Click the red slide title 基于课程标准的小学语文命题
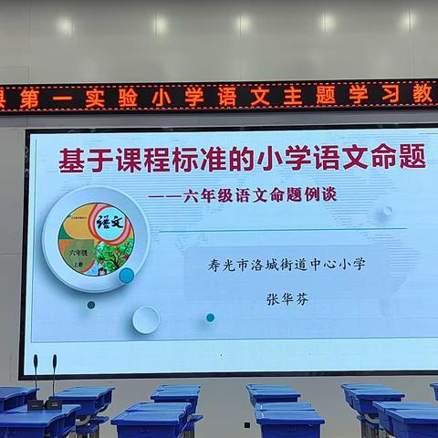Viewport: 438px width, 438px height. [x=242, y=160]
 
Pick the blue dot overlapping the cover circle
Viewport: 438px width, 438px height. [x=127, y=275]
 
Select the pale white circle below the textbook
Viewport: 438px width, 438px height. [x=145, y=319]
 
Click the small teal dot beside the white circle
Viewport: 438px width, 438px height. [x=210, y=318]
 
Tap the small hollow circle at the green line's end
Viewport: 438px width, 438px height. [x=387, y=211]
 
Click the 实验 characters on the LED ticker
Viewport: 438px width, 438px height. [x=111, y=98]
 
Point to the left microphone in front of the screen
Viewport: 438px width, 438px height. [x=36, y=379]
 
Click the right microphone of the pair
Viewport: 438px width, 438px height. [x=54, y=379]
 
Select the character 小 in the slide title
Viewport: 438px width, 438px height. [x=285, y=158]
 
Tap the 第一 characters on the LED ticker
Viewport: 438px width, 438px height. [x=47, y=99]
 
